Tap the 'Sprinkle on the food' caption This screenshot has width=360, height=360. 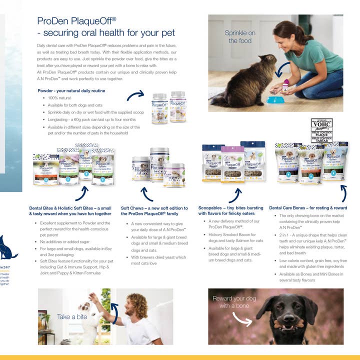pos(240,36)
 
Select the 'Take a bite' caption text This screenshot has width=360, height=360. pos(71,317)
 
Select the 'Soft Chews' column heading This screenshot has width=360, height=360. pos(154,211)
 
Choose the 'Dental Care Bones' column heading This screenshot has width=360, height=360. pos(307,207)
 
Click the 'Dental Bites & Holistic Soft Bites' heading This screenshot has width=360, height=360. pos(70,211)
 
